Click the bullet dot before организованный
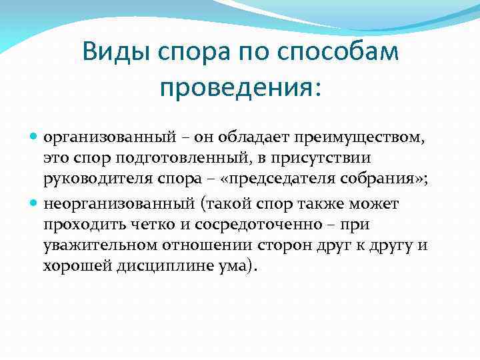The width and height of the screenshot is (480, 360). (35, 137)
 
